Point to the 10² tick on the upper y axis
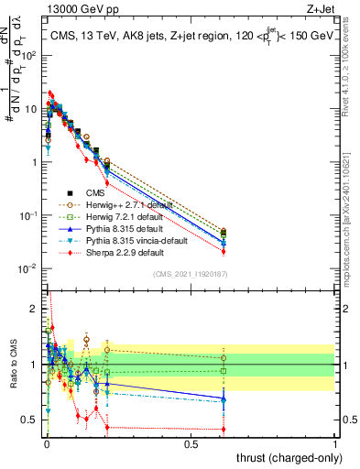click(29, 55)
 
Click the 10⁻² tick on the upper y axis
click(29, 268)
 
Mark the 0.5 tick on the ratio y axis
click(31, 420)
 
